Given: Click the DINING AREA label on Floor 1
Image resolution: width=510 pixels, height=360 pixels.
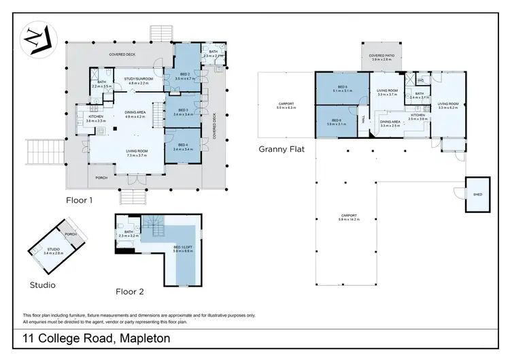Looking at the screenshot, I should coord(135,113).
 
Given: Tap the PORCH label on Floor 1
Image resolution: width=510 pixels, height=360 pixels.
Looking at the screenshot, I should coord(100,182).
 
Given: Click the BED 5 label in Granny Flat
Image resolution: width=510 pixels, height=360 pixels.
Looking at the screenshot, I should coord(342,87).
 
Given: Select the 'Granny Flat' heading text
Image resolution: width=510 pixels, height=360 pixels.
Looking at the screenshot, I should coord(280,149).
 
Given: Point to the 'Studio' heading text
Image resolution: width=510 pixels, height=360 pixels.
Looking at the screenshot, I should coord(43,284).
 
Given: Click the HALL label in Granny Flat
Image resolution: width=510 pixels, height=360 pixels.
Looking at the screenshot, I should coord(364,118).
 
